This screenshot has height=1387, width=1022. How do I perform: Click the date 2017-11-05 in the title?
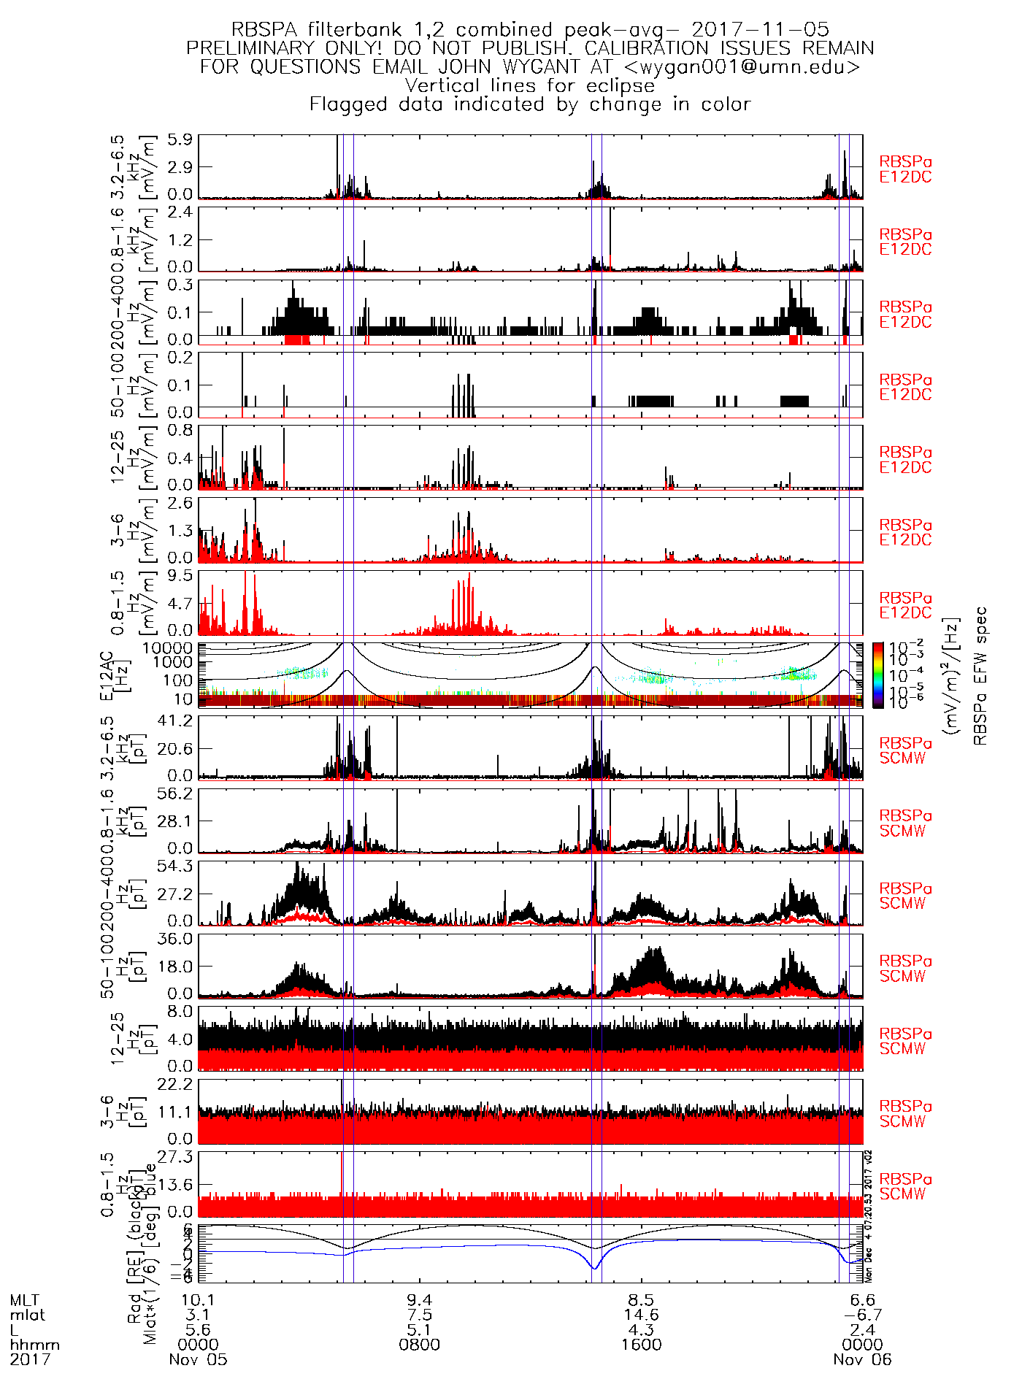click(x=760, y=30)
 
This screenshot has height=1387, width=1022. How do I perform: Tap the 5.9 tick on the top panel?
click(x=180, y=139)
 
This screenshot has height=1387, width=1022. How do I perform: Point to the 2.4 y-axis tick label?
click(x=180, y=212)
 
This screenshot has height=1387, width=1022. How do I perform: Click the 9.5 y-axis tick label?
click(x=180, y=575)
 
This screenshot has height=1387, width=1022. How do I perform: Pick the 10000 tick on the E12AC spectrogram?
click(x=168, y=648)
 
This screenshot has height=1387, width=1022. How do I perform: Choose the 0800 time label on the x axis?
click(x=419, y=1345)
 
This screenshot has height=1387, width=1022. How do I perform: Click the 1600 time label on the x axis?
click(x=641, y=1345)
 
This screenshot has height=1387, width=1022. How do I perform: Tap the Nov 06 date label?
click(x=862, y=1359)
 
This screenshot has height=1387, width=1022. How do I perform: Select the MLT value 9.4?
click(x=419, y=1300)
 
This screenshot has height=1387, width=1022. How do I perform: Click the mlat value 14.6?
click(x=641, y=1315)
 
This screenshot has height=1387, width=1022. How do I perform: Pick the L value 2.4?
click(x=862, y=1330)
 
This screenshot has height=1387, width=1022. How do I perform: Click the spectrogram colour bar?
click(x=878, y=675)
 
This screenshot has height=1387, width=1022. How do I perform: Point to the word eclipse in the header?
click(x=620, y=85)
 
